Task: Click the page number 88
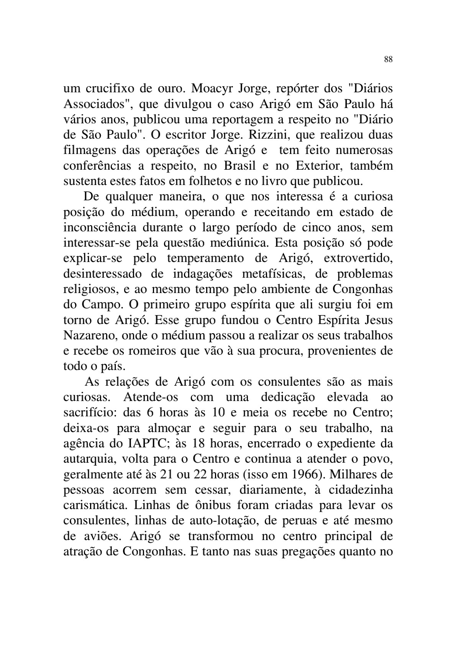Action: click(388, 59)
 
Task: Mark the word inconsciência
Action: click(100, 228)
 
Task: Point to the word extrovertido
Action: click(358, 259)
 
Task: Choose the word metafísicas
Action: click(274, 274)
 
